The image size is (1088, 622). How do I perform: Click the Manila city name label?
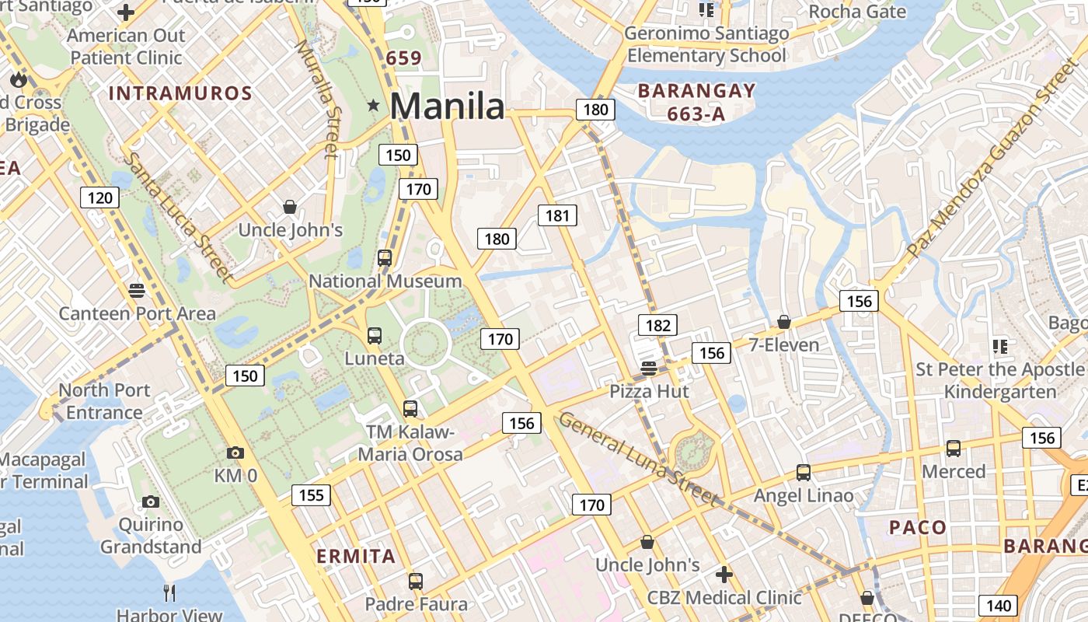447,106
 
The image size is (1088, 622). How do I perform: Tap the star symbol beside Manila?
374,105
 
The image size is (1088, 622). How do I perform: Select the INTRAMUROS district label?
180,94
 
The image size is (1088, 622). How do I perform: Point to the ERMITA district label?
356,557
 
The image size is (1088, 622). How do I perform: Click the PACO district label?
918,528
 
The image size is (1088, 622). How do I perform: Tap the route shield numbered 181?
557,215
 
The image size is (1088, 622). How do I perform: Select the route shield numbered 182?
657,325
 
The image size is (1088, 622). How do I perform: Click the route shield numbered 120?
99,197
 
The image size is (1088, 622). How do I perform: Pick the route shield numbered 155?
311,495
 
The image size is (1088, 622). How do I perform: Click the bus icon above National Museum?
384,258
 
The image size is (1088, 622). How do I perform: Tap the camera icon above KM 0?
235,453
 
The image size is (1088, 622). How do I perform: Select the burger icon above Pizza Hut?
649,369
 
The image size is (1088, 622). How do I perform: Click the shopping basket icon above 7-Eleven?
783,322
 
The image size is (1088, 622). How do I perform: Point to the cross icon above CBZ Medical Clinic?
724,575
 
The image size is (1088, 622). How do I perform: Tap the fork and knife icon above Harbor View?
169,593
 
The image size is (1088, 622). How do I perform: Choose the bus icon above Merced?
953,449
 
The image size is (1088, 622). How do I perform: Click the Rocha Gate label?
856,12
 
